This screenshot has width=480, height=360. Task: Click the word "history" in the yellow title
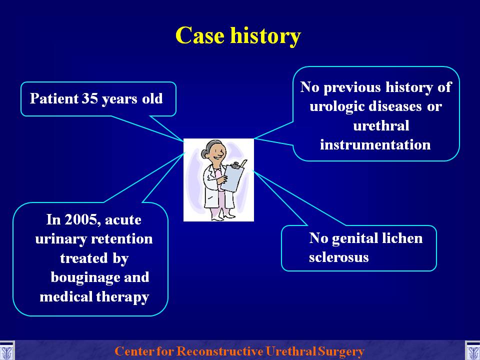pyautogui.click(x=265, y=36)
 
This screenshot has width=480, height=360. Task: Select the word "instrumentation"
pyautogui.click(x=375, y=144)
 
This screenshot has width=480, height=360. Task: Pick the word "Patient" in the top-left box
pyautogui.click(x=54, y=98)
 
